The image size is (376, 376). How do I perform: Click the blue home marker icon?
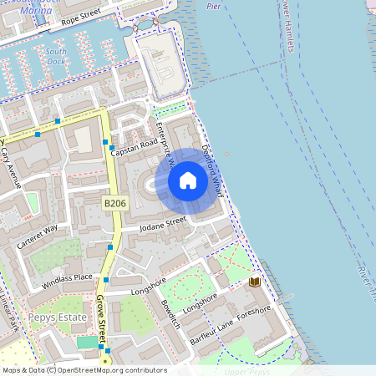click(188, 180)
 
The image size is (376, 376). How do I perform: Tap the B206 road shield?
click(115, 203)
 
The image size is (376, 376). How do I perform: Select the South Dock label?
click(58, 56)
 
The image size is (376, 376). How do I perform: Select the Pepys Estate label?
click(52, 318)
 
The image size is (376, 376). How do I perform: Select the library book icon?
click(255, 282)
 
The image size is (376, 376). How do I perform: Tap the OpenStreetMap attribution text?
click(84, 370)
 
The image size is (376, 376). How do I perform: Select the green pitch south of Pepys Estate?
click(86, 342)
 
